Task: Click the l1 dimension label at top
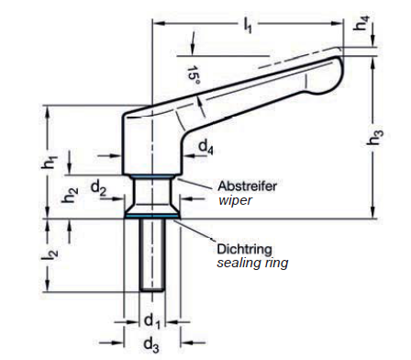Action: click(248, 25)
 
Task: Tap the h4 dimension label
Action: click(361, 23)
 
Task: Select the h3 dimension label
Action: click(375, 137)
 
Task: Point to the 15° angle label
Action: click(194, 75)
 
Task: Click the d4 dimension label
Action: click(206, 147)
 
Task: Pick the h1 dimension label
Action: click(50, 162)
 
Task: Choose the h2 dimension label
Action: click(70, 195)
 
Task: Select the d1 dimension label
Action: click(152, 321)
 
